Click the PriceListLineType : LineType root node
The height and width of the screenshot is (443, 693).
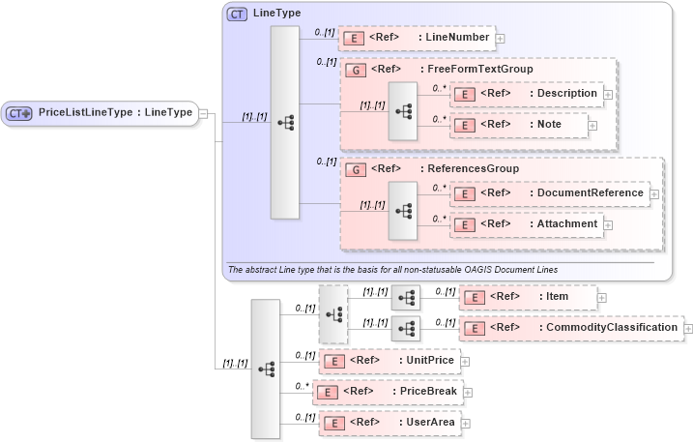point(101,113)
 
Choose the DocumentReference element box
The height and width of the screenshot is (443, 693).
point(551,192)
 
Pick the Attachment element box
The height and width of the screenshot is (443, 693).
point(527,223)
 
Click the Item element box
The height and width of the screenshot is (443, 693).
point(527,296)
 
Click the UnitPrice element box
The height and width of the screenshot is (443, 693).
point(389,361)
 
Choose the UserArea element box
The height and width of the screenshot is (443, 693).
point(389,423)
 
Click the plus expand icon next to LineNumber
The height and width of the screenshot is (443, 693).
point(501,39)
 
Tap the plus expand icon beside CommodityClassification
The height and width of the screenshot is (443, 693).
point(688,329)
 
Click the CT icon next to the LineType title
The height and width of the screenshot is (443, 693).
point(237,14)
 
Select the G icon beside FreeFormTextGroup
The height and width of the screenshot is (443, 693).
point(355,70)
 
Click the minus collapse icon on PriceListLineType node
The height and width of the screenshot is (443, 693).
point(204,113)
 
